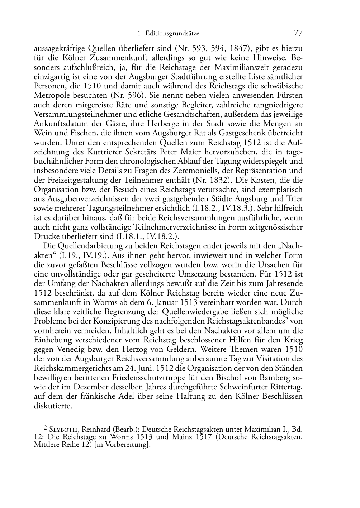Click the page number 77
tap(298, 33)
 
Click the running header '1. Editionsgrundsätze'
tap(168, 34)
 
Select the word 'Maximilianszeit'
tap(228, 67)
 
